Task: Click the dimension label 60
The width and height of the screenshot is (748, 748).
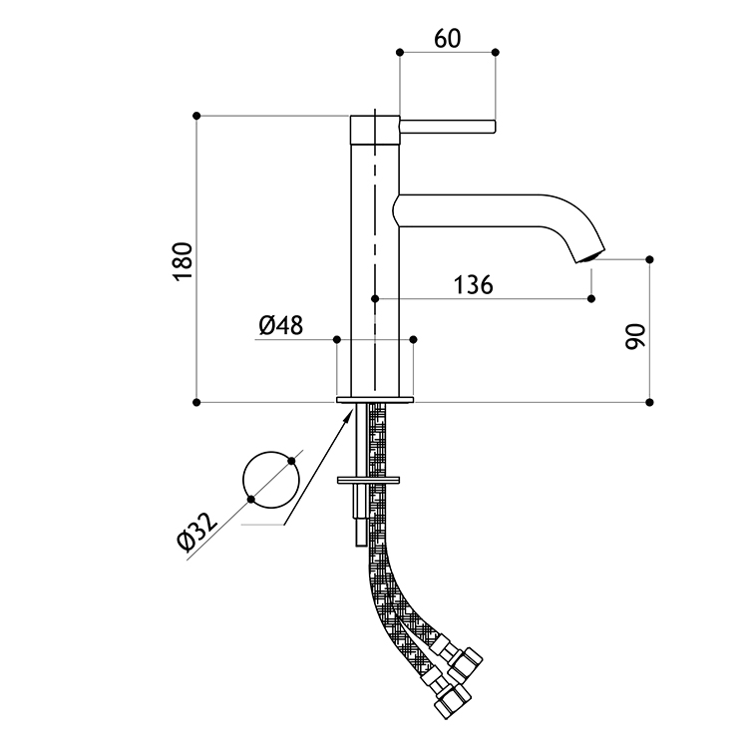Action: point(448,39)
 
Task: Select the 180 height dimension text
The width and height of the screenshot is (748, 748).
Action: point(184,261)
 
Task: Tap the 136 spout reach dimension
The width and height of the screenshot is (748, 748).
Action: point(473,285)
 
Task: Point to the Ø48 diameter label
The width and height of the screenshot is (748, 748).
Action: point(281,325)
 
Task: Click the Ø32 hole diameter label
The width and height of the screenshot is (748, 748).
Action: point(196,531)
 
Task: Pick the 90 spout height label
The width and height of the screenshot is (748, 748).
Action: point(635,337)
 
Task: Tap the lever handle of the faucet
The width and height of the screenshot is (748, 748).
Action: point(448,127)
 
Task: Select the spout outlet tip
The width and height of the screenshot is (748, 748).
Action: point(590,255)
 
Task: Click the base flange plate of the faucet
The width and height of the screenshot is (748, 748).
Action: point(375,399)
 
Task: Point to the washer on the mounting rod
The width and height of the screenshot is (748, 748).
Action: point(368,480)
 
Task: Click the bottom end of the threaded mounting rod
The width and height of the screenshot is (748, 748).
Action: point(361,546)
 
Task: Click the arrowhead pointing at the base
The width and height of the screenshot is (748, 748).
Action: point(350,412)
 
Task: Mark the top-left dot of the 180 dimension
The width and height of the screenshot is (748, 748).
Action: point(196,116)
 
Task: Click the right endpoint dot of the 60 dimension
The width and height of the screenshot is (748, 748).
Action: point(495,52)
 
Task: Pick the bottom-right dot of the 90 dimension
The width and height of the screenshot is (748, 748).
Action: point(649,402)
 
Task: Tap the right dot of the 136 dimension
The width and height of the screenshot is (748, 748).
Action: point(591,298)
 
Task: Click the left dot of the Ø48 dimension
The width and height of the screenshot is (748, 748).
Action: point(337,339)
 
